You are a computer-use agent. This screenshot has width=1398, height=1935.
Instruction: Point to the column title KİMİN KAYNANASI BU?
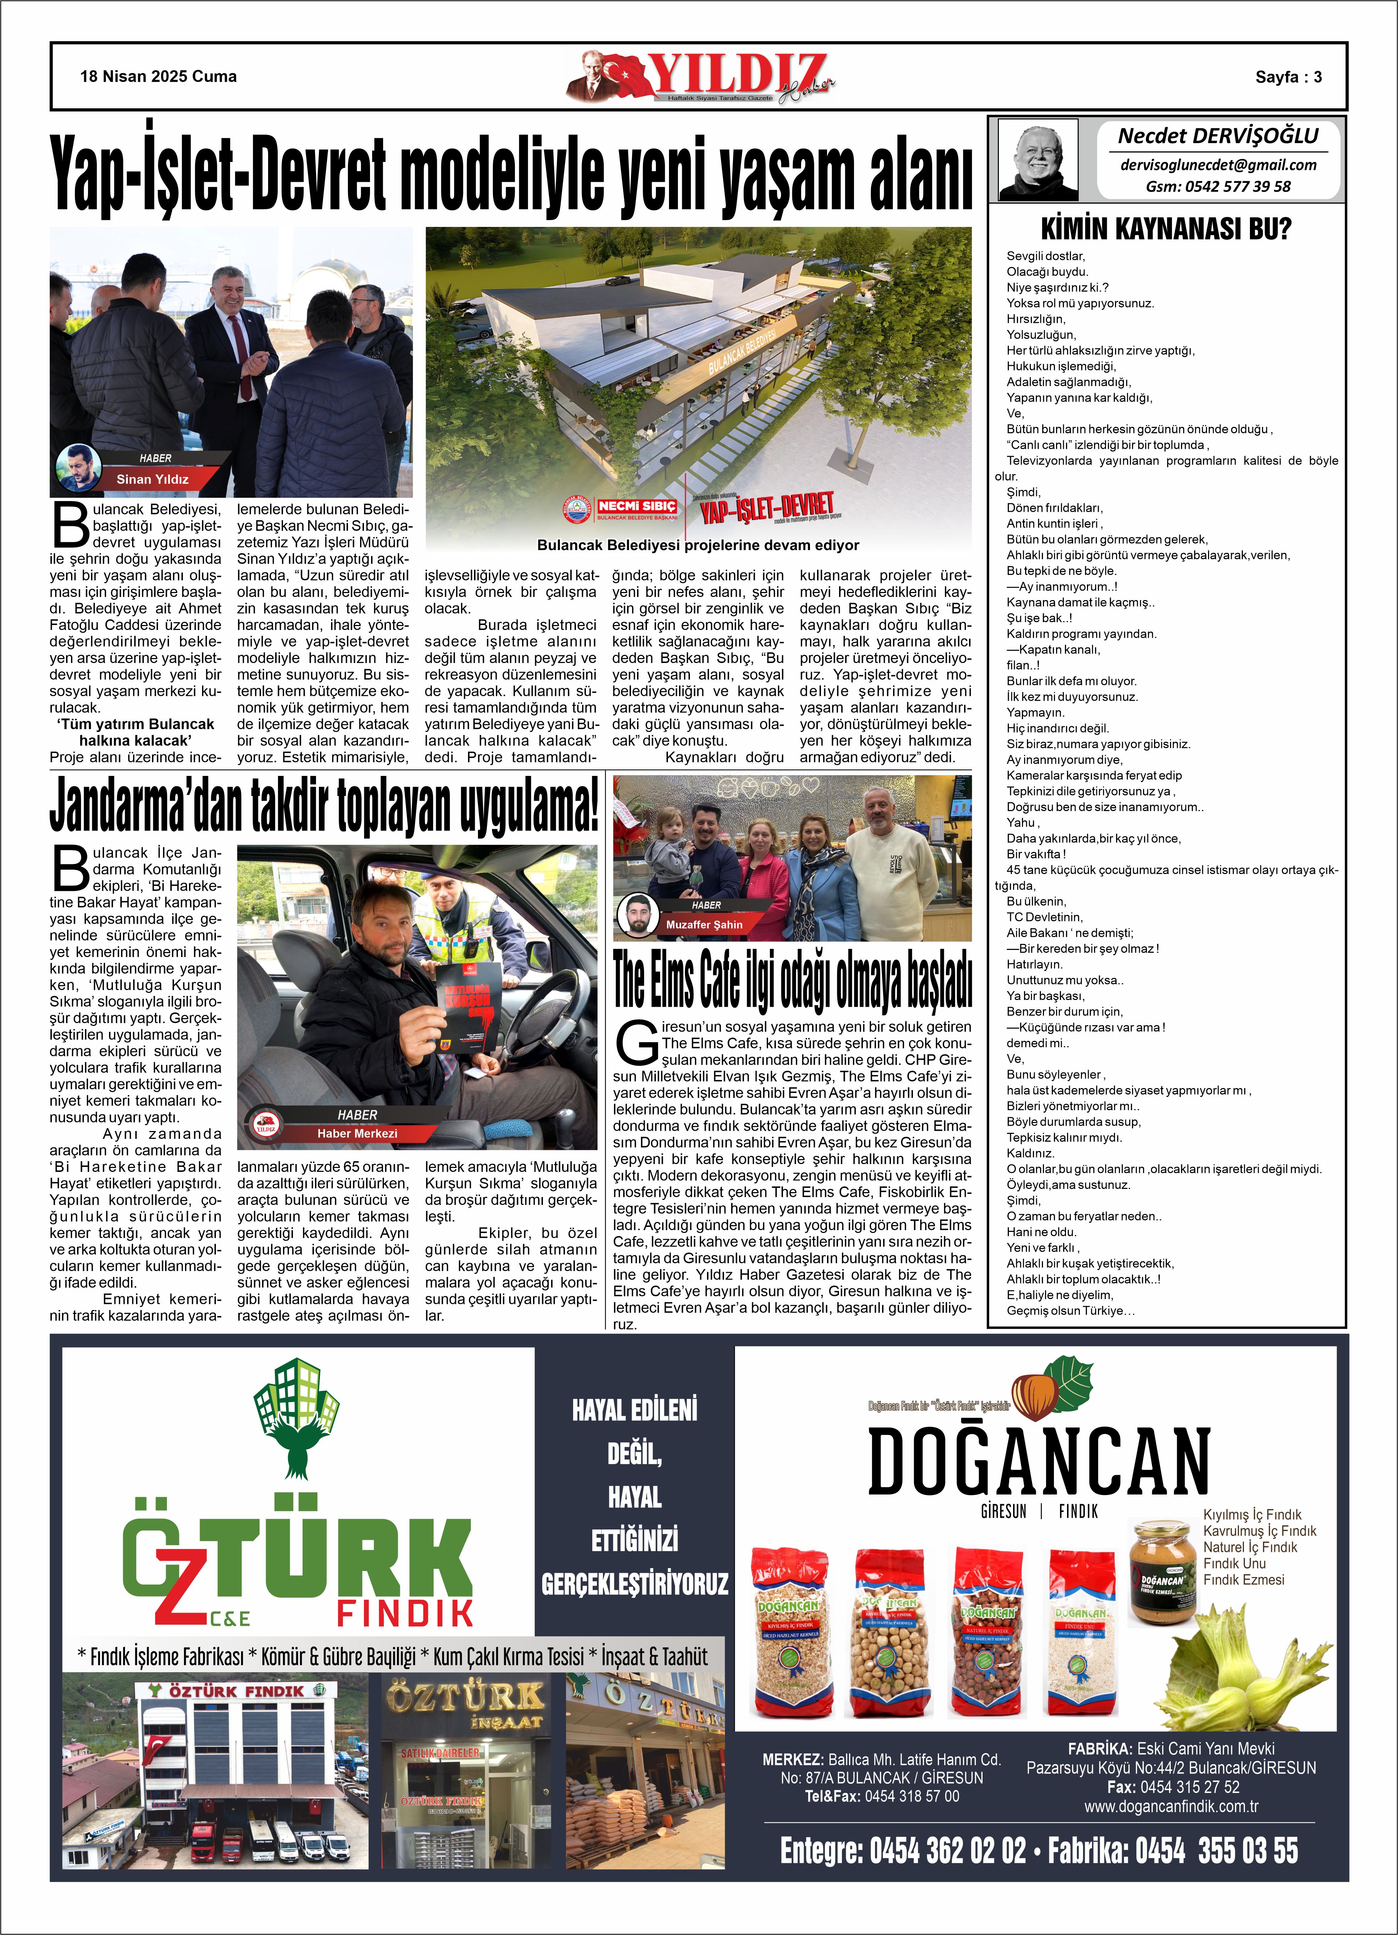coord(1166,229)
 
